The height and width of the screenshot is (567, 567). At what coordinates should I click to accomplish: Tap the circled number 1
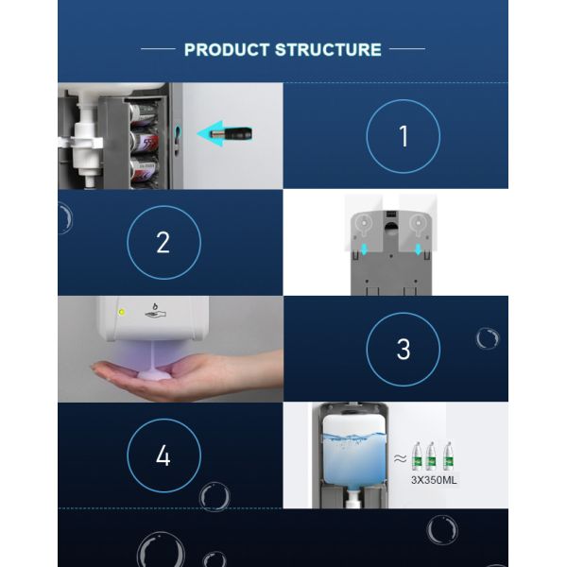404,136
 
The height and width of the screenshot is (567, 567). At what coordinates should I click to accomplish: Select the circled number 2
163,243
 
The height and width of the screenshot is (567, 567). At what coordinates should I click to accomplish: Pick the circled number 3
404,349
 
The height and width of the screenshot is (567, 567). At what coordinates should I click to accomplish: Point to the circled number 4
163,456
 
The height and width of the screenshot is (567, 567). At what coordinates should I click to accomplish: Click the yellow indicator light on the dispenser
120,311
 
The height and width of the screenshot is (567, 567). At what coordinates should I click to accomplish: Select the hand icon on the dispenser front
152,311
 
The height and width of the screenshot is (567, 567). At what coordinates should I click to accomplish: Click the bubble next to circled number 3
488,338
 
